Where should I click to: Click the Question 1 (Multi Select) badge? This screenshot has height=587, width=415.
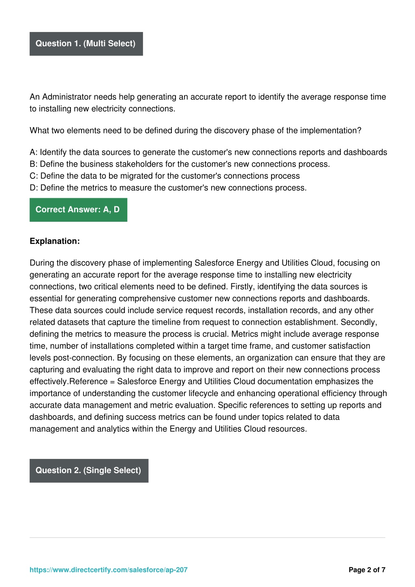click(86, 44)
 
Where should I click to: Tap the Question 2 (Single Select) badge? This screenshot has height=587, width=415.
click(89, 471)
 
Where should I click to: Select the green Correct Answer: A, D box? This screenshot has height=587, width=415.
click(78, 210)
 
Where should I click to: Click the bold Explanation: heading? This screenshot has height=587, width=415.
click(55, 241)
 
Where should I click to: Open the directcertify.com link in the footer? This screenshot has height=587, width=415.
click(109, 570)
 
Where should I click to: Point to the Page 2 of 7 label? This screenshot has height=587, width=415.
click(367, 570)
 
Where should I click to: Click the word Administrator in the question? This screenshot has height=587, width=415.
click(67, 97)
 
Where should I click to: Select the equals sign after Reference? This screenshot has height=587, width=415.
click(112, 382)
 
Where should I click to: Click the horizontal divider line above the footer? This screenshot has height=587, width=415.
click(207, 538)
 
